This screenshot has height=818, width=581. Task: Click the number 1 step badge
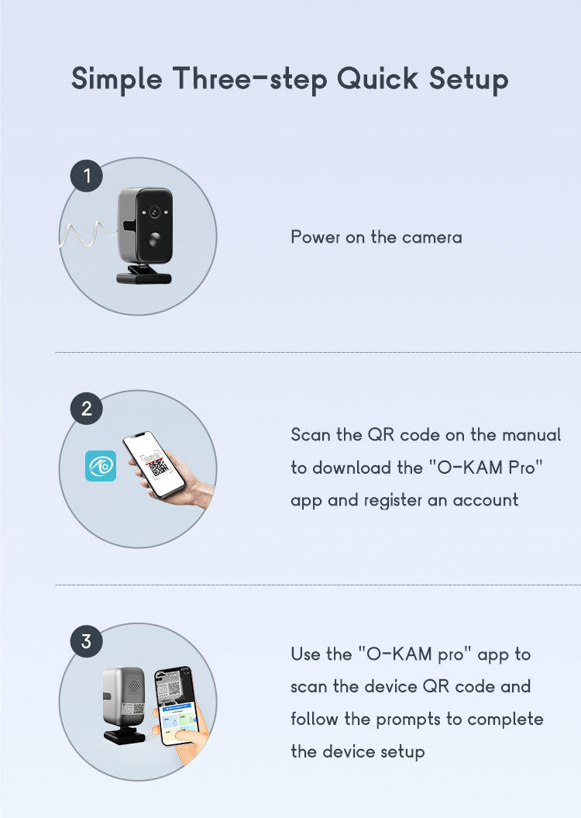(x=87, y=176)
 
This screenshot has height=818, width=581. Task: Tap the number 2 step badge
(x=87, y=409)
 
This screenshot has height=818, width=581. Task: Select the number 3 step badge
(x=87, y=641)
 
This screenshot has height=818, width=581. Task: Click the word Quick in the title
(x=377, y=79)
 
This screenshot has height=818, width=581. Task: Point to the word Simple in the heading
(x=117, y=79)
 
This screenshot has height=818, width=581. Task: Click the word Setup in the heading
(x=469, y=80)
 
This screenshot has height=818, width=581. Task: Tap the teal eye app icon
(x=101, y=466)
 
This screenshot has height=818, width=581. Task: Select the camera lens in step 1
(x=154, y=212)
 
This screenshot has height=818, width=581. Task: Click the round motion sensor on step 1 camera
(x=155, y=240)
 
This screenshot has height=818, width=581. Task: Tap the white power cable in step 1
(x=88, y=233)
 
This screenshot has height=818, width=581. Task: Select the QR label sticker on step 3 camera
(x=133, y=708)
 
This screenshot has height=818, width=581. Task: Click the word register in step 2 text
(x=393, y=500)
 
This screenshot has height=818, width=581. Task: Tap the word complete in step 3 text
(x=505, y=720)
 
